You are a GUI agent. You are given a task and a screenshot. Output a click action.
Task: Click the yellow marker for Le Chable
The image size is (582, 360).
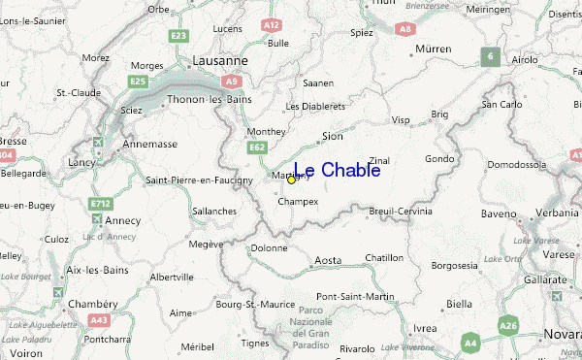pos(291,180)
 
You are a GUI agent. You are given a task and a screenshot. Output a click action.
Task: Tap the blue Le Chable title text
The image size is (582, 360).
pos(336,171)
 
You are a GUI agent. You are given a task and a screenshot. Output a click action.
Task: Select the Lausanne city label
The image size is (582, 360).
pos(220,60)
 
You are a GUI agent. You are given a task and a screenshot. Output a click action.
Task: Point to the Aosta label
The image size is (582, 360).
pos(329,260)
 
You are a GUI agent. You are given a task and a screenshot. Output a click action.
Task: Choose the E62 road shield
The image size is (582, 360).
pos(257,147)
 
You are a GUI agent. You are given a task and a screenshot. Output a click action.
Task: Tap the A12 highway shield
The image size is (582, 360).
pos(273,24)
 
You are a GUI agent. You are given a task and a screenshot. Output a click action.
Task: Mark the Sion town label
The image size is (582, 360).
pos(332,137)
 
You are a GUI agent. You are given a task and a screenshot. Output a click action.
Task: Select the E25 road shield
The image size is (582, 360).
pos(138,82)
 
